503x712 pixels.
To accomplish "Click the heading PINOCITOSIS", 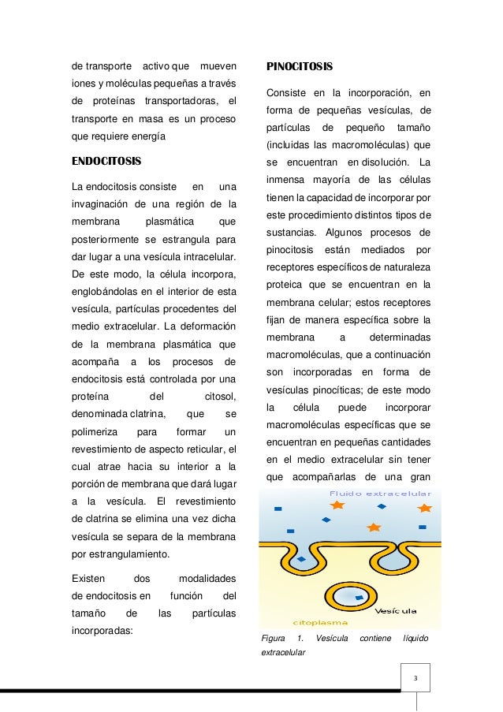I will coord(300,65).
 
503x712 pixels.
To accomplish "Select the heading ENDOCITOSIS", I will coord(106,162).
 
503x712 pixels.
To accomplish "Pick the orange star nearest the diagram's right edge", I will coord(425,508).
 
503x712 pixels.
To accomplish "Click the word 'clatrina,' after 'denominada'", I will coord(141,413).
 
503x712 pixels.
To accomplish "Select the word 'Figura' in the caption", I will coord(273,638).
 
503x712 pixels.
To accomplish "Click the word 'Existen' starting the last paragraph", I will coord(89,580).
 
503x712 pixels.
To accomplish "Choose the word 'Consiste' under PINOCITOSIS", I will coord(287,94).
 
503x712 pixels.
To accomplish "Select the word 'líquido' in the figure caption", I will coord(415,638).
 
